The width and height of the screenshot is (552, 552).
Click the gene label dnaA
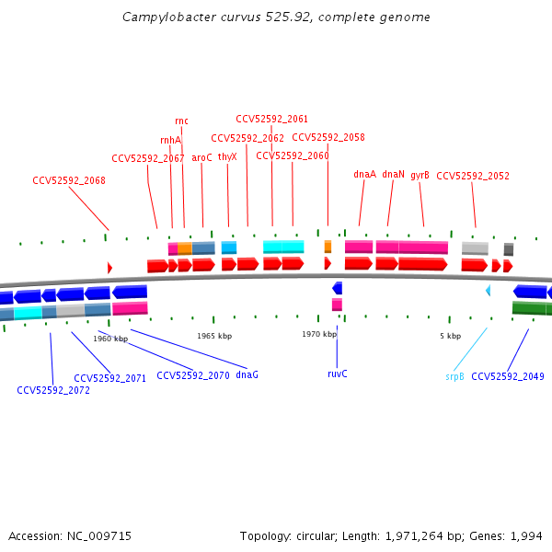(x=364, y=174)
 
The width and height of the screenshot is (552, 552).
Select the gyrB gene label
(x=420, y=175)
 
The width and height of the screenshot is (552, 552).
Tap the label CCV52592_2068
(x=69, y=180)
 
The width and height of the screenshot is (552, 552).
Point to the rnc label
(x=181, y=121)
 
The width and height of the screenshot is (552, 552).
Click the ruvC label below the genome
(x=338, y=374)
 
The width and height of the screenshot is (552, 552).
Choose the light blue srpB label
(x=454, y=376)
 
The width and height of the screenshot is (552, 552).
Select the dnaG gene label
(x=247, y=374)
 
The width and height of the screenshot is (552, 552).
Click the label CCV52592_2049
(x=508, y=376)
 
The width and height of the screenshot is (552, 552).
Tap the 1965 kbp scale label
(x=214, y=336)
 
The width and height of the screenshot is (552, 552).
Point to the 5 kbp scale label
(x=450, y=336)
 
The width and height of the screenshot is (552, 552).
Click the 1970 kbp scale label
(x=319, y=334)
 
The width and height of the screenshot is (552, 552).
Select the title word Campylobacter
(x=165, y=17)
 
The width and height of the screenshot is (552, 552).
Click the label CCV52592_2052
(x=473, y=176)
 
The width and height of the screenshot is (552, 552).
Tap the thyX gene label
(x=227, y=157)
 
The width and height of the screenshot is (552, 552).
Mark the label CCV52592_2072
(x=53, y=390)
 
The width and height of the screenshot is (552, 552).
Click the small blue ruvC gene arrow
(x=337, y=288)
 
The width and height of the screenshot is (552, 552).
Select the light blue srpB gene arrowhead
(x=488, y=291)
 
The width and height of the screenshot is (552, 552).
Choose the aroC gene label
(x=201, y=157)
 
